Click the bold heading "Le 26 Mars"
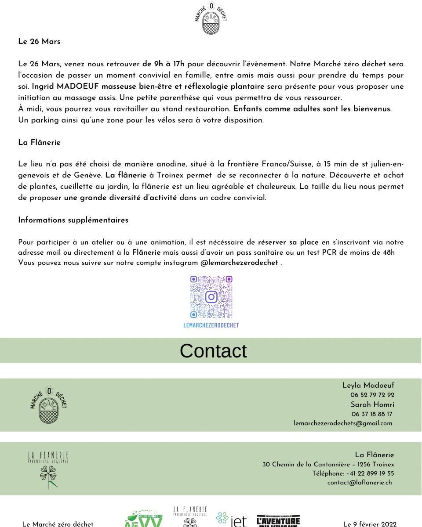point(39,42)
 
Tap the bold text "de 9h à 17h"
point(164,64)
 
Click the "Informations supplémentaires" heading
point(73,220)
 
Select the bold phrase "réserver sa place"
point(288,242)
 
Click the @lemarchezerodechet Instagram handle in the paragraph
point(239,263)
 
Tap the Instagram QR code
point(211,297)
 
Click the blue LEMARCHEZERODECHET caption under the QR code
point(211,325)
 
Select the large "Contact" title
point(213,351)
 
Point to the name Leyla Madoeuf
point(368,386)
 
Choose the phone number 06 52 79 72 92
point(372,395)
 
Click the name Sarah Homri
point(372,404)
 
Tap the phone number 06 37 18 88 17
point(372,414)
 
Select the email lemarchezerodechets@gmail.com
point(343,423)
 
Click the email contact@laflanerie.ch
point(359,482)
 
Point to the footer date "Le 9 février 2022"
point(370,524)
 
